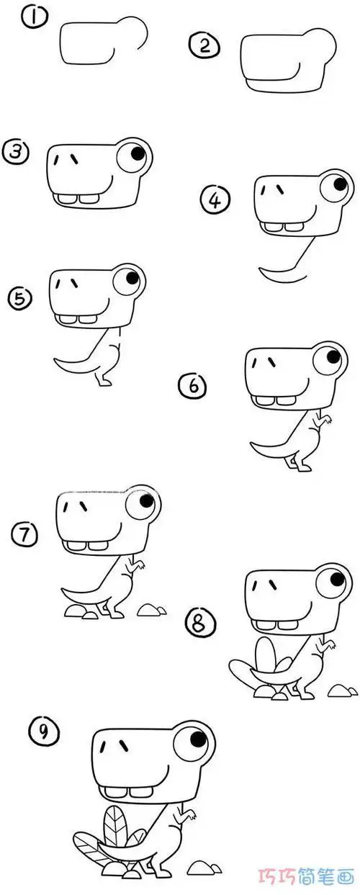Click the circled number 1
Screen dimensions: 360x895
pos(35,19)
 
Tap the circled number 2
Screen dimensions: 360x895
pos(205,46)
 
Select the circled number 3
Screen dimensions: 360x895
pos(16,152)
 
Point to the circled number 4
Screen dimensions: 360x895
pos(216,200)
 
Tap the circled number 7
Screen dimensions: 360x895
pos(24,534)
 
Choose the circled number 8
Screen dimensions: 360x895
pos(200,624)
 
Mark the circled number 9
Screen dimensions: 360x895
pos(43,732)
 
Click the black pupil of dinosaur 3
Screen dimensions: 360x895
pos(138,154)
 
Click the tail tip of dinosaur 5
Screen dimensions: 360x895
pos(55,360)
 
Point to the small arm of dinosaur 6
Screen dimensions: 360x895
pos(323,421)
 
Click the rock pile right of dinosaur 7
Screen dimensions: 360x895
pos(151,610)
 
